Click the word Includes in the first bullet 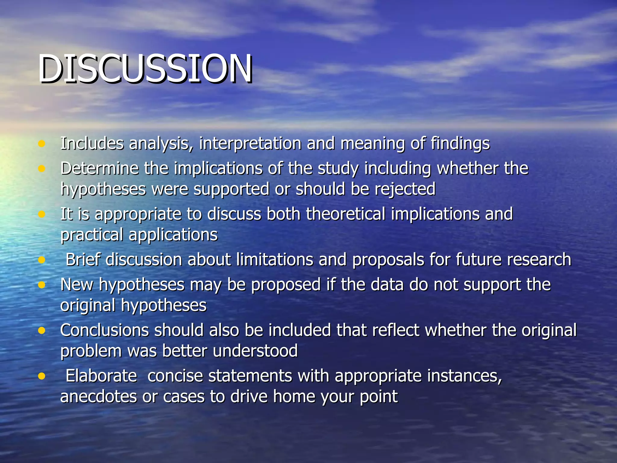92,143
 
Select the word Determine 99,168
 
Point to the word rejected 405,189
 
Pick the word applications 173,235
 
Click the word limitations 274,260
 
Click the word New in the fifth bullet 77,285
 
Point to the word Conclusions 104,330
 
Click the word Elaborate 101,376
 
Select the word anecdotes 98,396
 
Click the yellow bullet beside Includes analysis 42,143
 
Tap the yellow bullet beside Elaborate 42,376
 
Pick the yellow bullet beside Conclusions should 42,330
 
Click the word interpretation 250,143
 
